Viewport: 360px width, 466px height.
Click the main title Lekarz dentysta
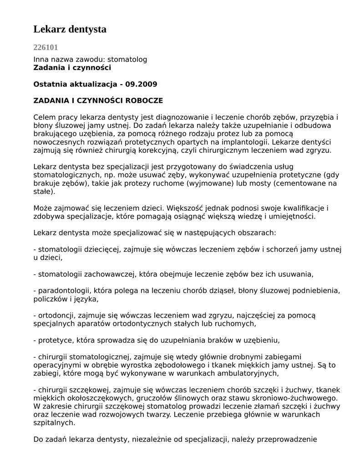[x=70, y=29]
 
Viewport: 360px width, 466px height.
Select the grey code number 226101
[x=46, y=47]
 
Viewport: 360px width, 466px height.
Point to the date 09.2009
[x=142, y=84]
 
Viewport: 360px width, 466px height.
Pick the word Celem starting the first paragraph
[x=45, y=117]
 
